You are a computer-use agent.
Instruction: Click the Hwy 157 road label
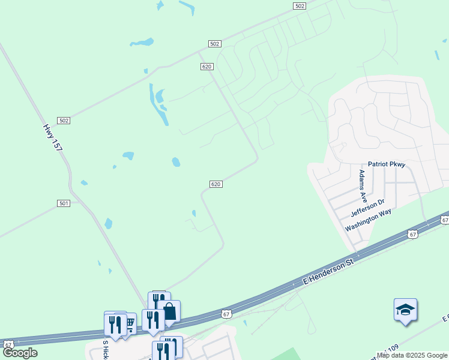tap(53, 137)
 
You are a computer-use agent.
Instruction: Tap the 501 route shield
tap(64, 203)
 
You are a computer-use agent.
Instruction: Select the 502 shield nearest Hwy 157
tap(64, 121)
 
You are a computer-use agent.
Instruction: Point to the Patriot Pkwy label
tap(387, 164)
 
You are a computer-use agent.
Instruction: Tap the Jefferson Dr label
tap(367, 209)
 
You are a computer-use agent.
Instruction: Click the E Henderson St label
tap(328, 272)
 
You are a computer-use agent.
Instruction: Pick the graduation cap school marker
tap(405, 310)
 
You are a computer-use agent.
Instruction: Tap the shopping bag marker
tap(169, 311)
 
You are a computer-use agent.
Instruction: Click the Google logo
tap(20, 353)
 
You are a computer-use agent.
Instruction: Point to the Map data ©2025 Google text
tap(412, 355)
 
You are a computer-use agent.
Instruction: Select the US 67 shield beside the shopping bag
tap(226, 313)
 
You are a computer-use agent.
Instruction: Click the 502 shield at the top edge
tap(300, 5)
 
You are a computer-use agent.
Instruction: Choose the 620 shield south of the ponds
tap(216, 184)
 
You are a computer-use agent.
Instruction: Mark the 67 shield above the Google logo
tap(8, 344)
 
